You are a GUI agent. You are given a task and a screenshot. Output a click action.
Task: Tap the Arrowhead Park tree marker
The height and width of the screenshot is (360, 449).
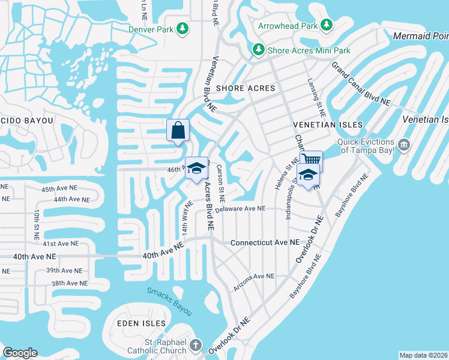click(x=326, y=25)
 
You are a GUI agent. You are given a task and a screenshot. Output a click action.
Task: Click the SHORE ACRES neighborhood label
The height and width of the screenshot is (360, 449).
click(x=246, y=88)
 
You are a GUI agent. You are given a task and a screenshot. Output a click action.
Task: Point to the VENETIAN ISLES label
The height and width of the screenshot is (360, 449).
click(x=328, y=124)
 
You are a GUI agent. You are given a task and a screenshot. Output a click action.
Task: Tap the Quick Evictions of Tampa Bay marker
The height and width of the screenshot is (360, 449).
click(x=404, y=144)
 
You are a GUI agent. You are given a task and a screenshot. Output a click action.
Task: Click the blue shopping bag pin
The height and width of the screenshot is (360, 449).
click(x=178, y=130)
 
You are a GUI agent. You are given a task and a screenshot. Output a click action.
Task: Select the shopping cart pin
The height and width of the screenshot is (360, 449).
click(x=311, y=160)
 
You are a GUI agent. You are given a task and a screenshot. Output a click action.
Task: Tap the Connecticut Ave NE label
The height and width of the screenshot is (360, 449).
click(x=265, y=242)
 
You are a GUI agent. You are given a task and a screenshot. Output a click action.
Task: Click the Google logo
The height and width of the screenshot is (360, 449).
click(x=20, y=352)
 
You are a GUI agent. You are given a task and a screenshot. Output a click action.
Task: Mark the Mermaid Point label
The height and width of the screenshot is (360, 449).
click(x=420, y=37)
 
